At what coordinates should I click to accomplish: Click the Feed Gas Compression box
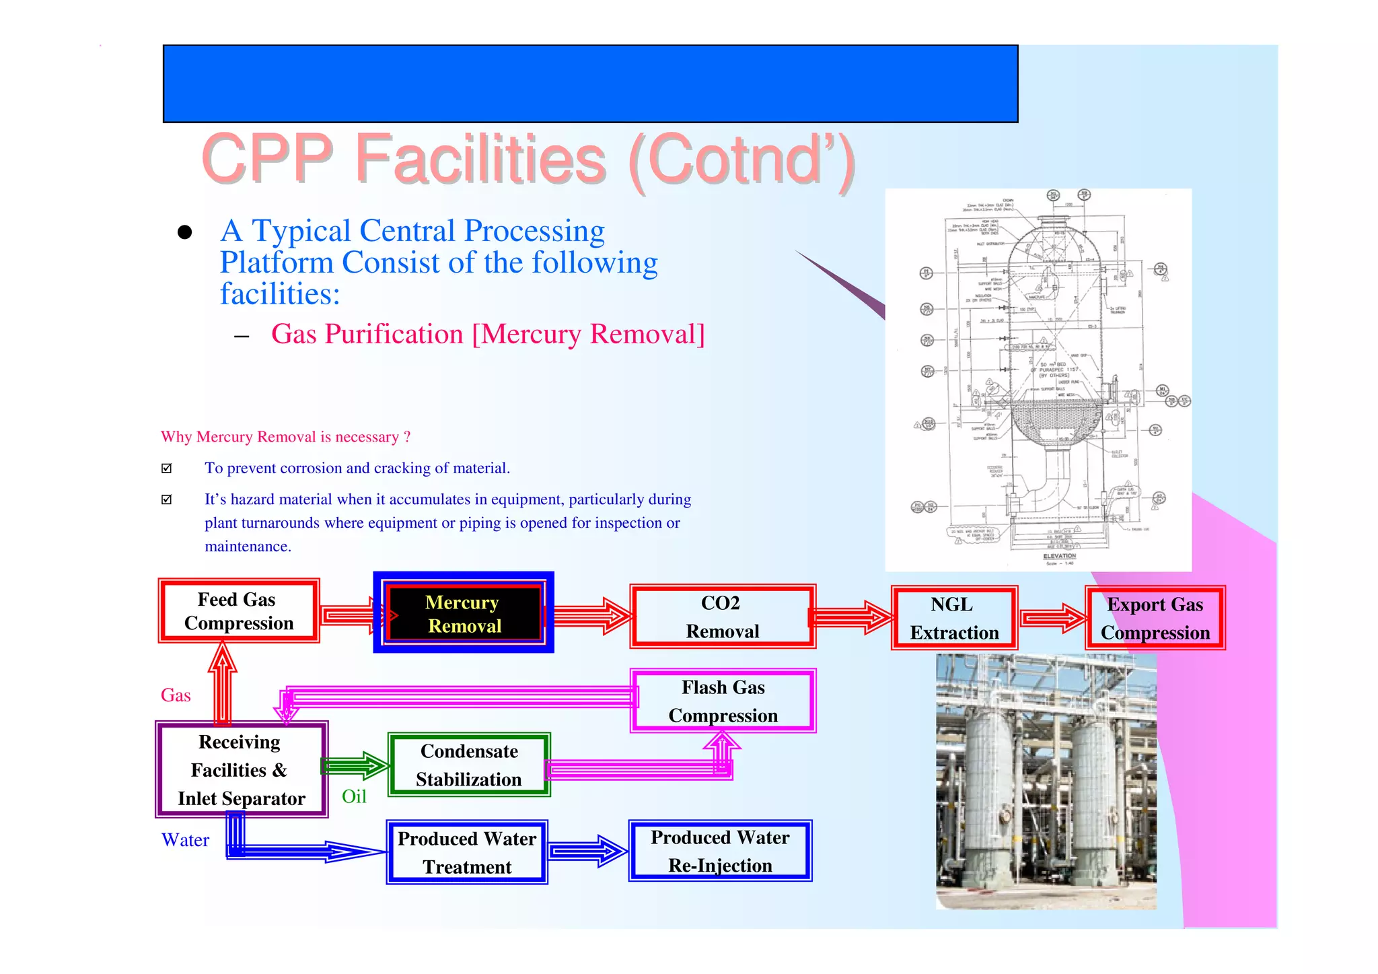coord(239,611)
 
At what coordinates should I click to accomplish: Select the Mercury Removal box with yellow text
coord(464,613)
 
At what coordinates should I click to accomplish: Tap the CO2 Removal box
coord(723,617)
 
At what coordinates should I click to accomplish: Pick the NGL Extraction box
coord(954,618)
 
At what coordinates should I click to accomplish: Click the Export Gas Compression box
coord(1155,618)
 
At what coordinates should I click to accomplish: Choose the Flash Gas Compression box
coord(723,701)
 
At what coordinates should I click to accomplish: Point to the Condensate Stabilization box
coord(469,765)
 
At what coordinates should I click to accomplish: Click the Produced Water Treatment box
coord(467,852)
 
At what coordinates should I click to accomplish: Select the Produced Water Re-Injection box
coord(720,851)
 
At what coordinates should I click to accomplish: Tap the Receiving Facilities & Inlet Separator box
coord(241,769)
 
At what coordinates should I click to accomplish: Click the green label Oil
coord(354,796)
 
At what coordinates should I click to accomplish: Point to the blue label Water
coord(185,840)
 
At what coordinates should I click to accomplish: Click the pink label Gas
coord(176,695)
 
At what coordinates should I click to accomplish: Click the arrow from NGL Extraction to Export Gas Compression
coord(1052,618)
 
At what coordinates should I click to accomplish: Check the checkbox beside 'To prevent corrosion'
coord(167,468)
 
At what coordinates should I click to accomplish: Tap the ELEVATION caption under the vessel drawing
coord(1059,556)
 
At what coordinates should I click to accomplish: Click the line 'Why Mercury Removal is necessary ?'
coord(285,437)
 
